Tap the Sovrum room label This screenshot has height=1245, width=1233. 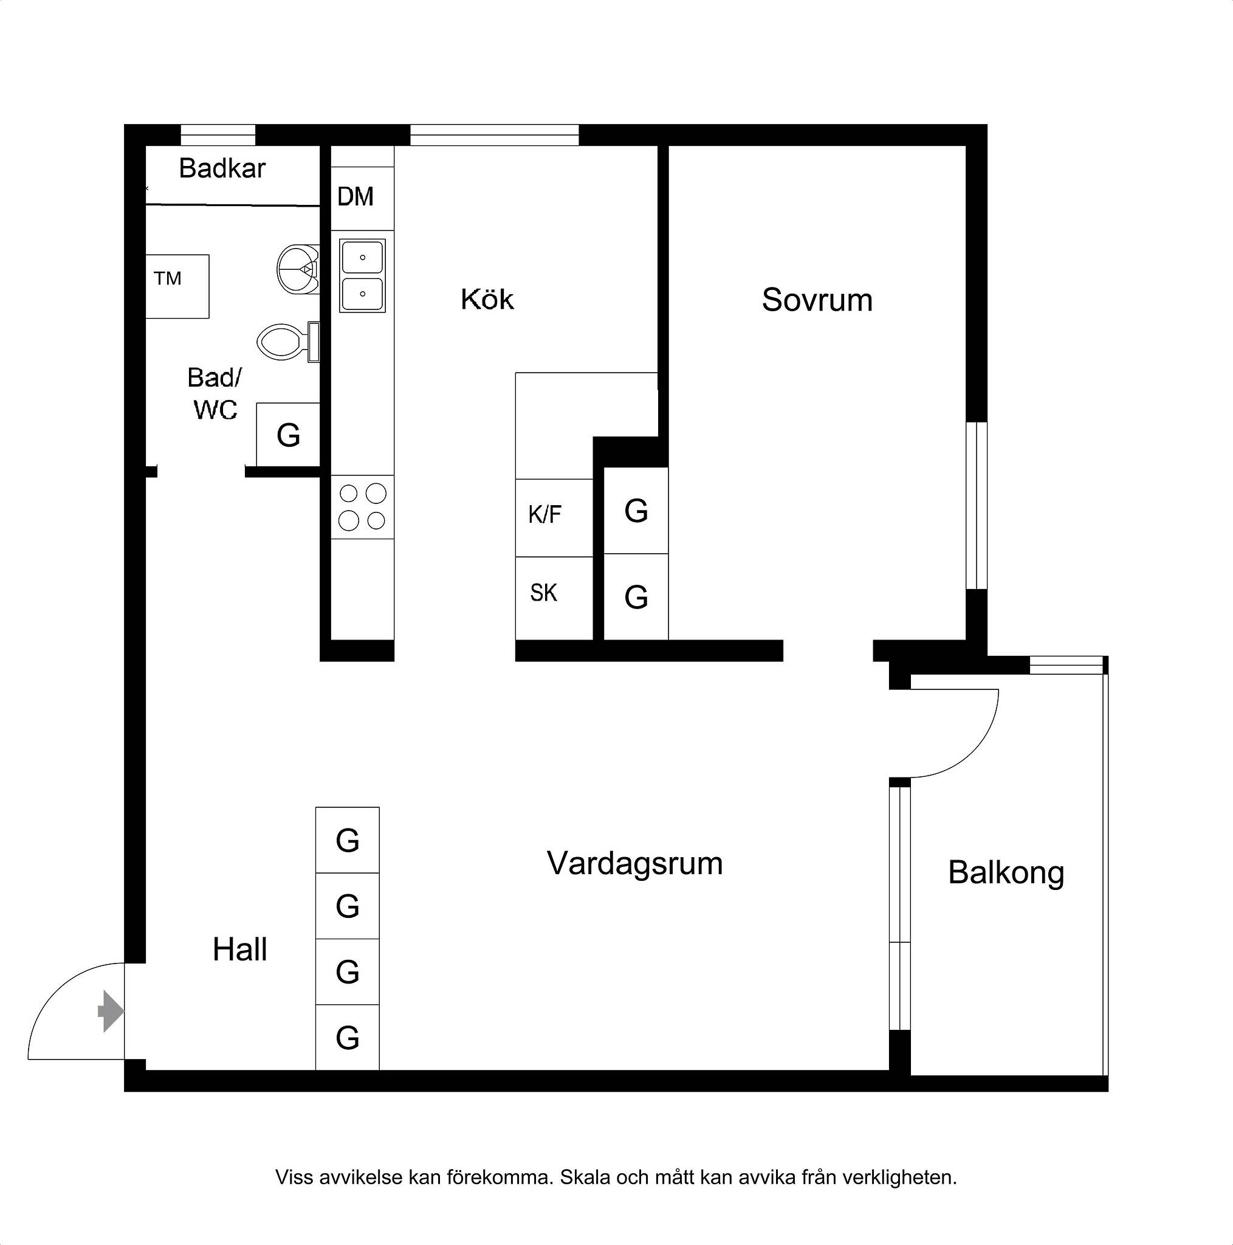coord(817,300)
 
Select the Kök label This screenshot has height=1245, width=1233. coord(487,299)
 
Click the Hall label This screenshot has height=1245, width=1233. coord(239,950)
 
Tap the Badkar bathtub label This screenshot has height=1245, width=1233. coord(222,168)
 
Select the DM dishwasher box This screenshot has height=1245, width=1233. coord(362,198)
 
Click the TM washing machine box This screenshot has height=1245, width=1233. coord(177,286)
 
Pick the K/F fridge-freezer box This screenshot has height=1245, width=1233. coord(554,517)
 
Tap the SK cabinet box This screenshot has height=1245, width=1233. coord(554,598)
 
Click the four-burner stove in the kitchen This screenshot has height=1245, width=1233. coord(362,507)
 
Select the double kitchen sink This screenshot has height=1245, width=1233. coord(363,277)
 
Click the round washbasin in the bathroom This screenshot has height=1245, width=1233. coord(298,269)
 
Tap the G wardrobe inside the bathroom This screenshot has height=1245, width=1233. coord(288,434)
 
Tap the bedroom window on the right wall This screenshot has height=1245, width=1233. coord(977,505)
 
